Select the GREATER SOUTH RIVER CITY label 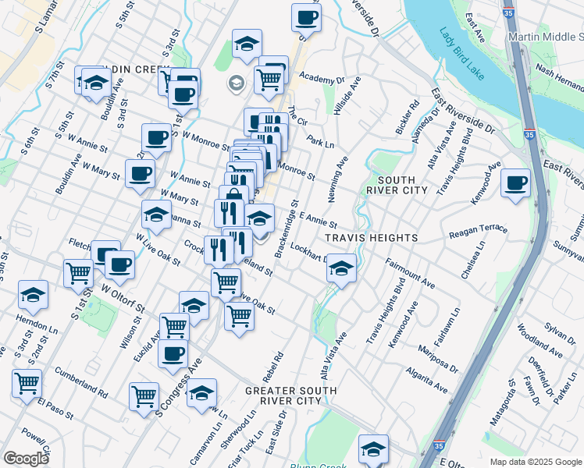click(290, 395)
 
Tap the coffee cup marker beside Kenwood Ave click(516, 184)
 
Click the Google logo click(26, 459)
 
